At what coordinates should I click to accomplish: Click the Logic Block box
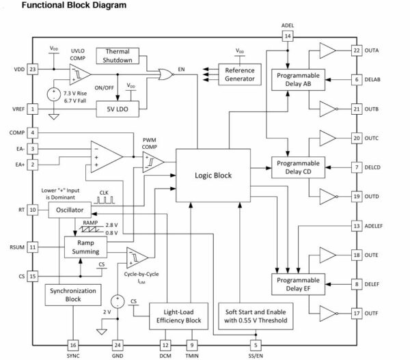tap(213, 175)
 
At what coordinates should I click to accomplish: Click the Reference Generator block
tap(238, 74)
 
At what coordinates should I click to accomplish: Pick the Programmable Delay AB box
tap(298, 80)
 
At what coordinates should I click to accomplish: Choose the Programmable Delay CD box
tap(298, 168)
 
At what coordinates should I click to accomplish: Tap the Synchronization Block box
tap(72, 296)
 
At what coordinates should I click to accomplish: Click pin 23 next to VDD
tap(32, 69)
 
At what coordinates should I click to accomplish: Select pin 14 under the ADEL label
tap(288, 36)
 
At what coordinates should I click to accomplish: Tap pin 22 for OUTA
tap(356, 51)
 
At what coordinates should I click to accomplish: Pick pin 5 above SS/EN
tap(255, 344)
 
